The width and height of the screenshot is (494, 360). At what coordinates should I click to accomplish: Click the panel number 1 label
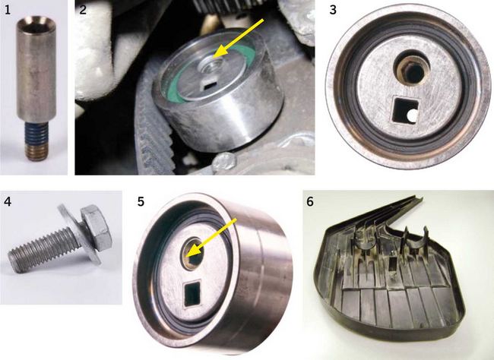8,10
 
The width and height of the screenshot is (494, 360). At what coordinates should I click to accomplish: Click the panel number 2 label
83,10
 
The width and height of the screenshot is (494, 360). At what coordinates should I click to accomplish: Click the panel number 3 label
333,10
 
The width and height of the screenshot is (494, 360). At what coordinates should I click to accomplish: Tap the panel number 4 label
8,201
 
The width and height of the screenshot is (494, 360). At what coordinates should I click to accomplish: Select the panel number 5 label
141,201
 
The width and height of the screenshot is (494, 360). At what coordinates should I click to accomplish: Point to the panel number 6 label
310,201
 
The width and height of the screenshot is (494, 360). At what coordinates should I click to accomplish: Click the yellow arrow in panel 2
238,38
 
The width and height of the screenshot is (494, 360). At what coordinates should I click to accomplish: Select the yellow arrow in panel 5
211,238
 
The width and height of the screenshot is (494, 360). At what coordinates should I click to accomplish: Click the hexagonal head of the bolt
97,227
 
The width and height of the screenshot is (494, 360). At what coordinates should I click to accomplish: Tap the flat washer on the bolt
79,234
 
